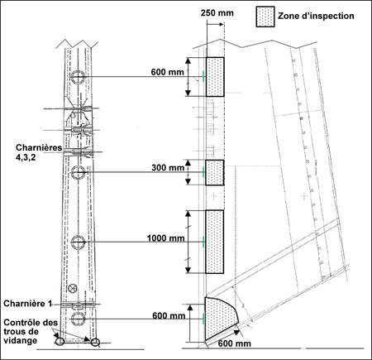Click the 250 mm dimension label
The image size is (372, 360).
[x=217, y=13]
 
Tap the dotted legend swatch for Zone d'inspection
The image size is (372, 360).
[x=265, y=17]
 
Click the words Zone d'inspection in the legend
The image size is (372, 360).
[x=316, y=16]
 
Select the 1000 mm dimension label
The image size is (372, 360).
[x=165, y=238]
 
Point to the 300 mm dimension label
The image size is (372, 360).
[x=168, y=167]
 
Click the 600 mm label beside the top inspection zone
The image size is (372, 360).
[x=167, y=72]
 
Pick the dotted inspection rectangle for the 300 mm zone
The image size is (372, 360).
[x=215, y=172]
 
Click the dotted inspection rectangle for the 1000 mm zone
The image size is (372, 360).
[x=214, y=242]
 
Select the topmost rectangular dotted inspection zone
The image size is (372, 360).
[x=215, y=77]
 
